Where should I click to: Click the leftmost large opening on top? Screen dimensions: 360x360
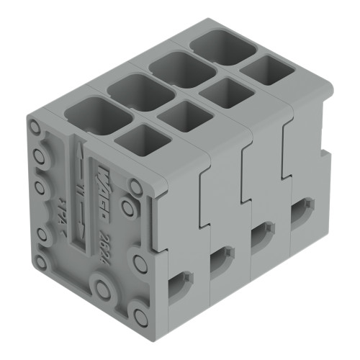91,115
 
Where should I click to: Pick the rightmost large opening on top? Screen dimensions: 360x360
217,46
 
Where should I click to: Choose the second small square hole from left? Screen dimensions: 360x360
177,115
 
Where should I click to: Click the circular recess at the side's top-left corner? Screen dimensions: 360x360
34,129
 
